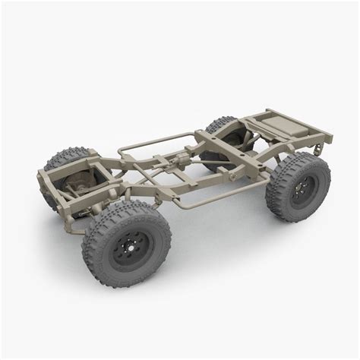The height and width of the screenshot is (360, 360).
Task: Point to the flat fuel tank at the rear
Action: (x=274, y=121)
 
